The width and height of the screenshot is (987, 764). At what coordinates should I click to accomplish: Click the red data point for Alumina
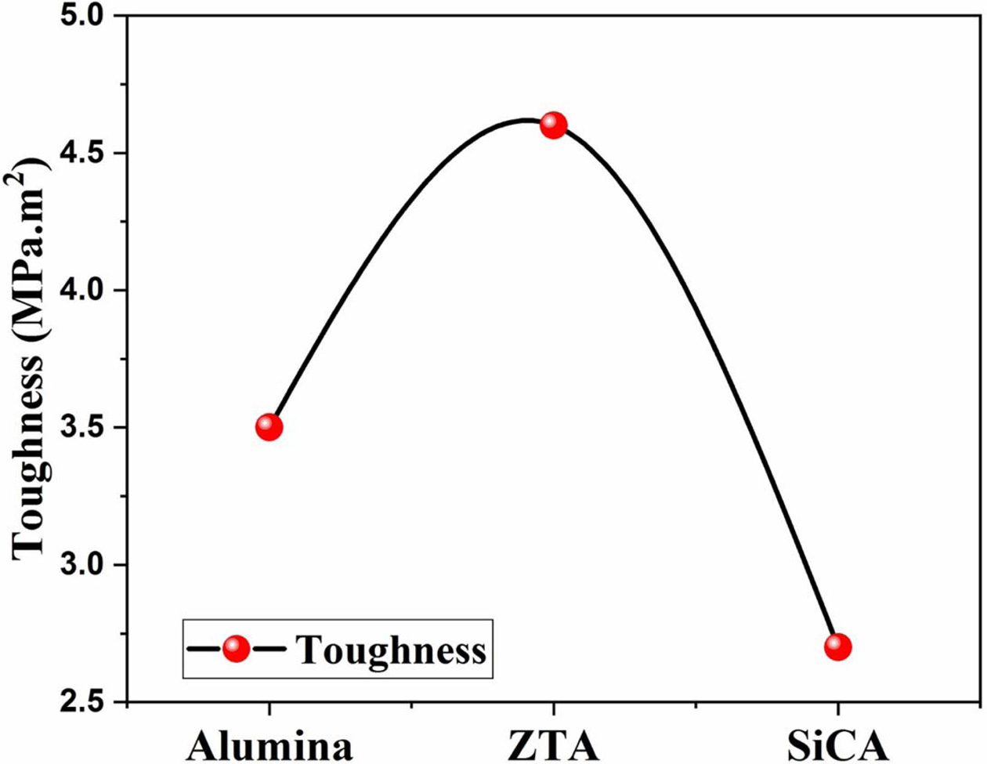pos(269,427)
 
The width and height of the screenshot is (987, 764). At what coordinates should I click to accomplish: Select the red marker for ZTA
pos(553,125)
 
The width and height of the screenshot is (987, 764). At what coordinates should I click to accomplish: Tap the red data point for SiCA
pos(837,646)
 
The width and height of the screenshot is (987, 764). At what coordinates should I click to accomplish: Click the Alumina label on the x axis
pos(269,745)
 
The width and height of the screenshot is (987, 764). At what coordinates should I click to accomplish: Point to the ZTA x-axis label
pos(553,745)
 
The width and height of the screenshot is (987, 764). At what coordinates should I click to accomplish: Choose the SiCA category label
pos(837,745)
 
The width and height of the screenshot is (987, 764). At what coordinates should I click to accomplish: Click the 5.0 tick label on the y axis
pos(86,16)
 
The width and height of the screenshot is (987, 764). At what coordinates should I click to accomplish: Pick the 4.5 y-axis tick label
pos(86,153)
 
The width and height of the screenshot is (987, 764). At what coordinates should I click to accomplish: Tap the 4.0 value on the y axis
pos(86,290)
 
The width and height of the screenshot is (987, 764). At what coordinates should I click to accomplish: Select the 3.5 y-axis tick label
pos(86,428)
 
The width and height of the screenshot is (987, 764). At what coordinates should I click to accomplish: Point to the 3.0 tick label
pos(86,565)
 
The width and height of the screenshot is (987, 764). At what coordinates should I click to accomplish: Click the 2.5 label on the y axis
pos(86,702)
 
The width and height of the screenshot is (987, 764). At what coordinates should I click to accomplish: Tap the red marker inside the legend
pos(236,649)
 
